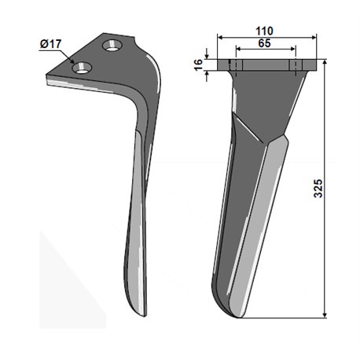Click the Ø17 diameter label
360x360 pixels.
(x=50, y=44)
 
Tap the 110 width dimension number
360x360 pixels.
(x=264, y=31)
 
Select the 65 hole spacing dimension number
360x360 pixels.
(x=264, y=43)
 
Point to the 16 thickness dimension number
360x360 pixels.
(x=199, y=64)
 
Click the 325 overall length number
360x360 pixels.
(x=318, y=188)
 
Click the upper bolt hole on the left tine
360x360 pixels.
(x=113, y=46)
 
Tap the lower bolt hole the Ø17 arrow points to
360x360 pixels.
(x=82, y=68)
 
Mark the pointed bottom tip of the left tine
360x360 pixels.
(x=145, y=316)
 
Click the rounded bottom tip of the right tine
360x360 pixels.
(x=237, y=316)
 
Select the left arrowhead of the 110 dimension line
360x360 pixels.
(x=219, y=38)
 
